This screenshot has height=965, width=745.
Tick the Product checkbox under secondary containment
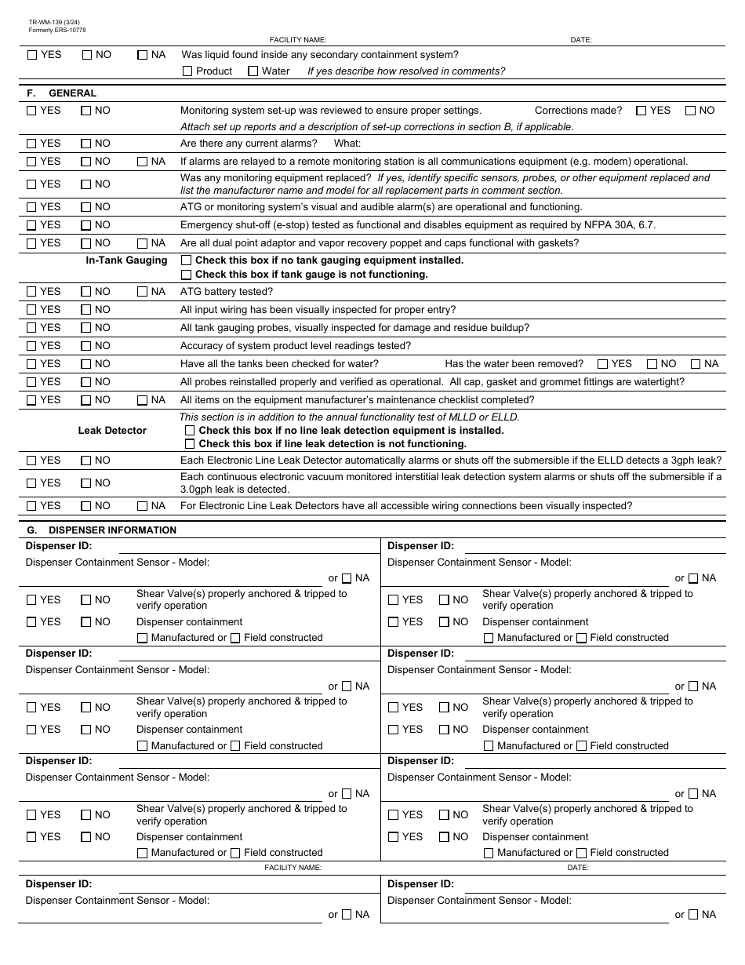pos(187,71)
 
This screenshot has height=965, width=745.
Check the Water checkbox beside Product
pos(253,71)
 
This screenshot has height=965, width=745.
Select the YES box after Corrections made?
pos(641,111)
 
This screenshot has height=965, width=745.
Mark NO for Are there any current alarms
pos(86,144)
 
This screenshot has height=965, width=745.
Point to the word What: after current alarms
pos(347,144)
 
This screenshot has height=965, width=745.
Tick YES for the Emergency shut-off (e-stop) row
pos(31,225)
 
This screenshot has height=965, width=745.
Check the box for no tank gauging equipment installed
pos(187,260)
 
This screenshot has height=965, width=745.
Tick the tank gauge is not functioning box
pos(187,275)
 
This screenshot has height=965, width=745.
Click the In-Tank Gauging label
pos(126,260)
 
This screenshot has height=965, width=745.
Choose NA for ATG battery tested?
pos(143,292)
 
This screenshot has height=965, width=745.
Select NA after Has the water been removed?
pos(696,364)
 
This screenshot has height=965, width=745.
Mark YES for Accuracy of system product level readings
pos(31,346)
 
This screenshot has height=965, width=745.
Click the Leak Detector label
pos(112,431)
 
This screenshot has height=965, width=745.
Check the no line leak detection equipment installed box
pos(190,431)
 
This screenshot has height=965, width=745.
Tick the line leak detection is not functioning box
pos(190,444)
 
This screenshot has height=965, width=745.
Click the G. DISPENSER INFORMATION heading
pos(102,530)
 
